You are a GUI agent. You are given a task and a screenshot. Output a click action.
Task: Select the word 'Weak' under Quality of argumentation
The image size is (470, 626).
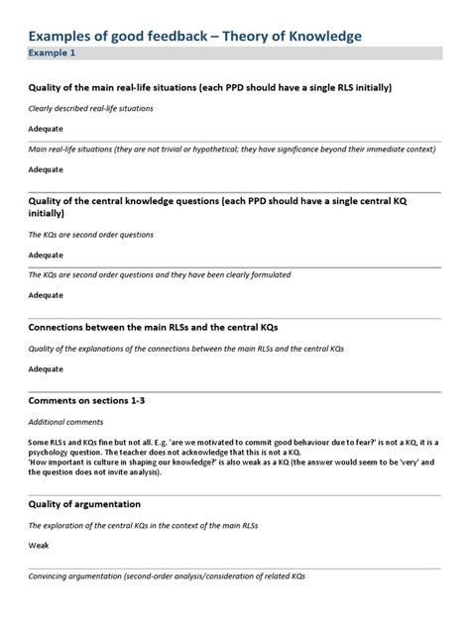point(39,544)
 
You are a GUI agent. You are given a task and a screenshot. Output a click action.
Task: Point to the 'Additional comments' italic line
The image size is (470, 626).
point(64,421)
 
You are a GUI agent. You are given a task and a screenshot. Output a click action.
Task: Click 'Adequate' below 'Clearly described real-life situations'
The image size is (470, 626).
point(46,129)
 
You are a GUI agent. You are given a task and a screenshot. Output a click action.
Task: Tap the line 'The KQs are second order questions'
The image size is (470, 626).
point(90,235)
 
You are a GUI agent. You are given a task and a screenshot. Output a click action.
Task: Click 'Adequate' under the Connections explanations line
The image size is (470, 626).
point(46,368)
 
